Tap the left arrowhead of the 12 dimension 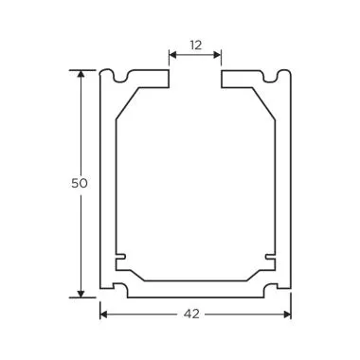click(x=173, y=55)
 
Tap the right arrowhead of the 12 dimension click(x=219, y=55)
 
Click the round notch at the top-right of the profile click(x=276, y=74)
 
